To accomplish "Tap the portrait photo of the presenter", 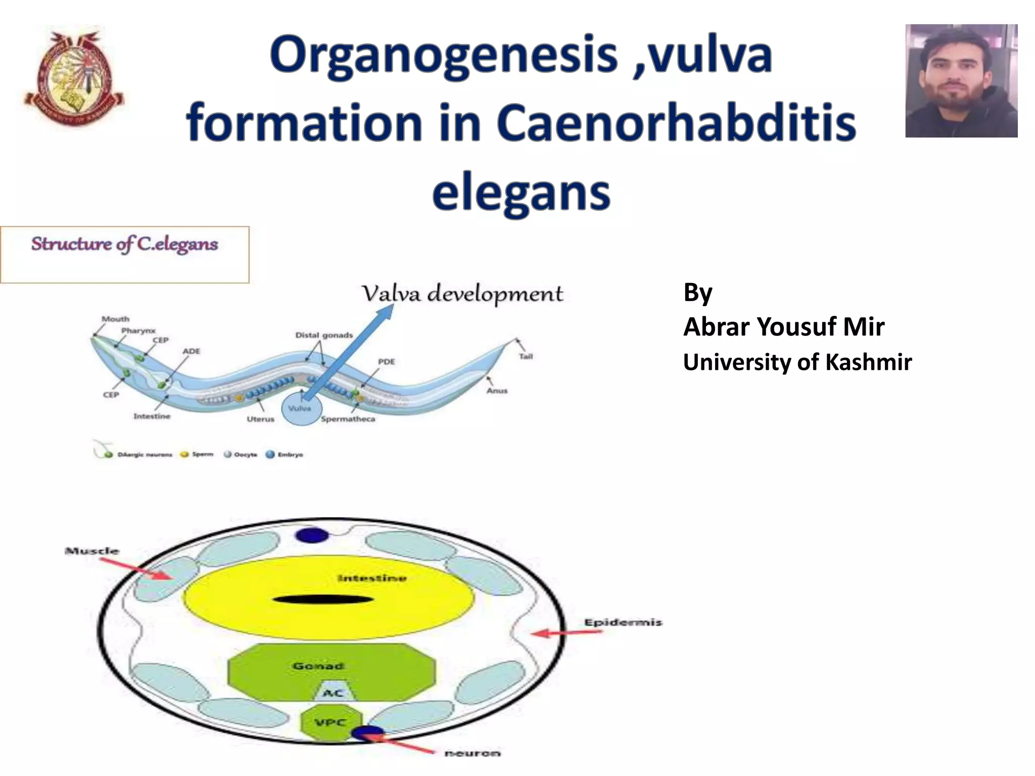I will click(x=961, y=81).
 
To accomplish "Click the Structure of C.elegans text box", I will click(x=124, y=254).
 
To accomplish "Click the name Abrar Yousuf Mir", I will click(x=783, y=327).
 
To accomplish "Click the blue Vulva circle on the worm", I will click(x=301, y=408).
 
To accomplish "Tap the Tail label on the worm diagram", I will click(x=526, y=357).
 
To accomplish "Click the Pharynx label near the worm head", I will click(x=138, y=330).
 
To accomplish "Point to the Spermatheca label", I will click(x=348, y=419).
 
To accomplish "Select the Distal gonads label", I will click(x=324, y=335).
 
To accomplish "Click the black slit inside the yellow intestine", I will click(x=323, y=600).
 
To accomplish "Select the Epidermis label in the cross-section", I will click(x=623, y=622).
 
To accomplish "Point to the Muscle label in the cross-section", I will click(x=92, y=551).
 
